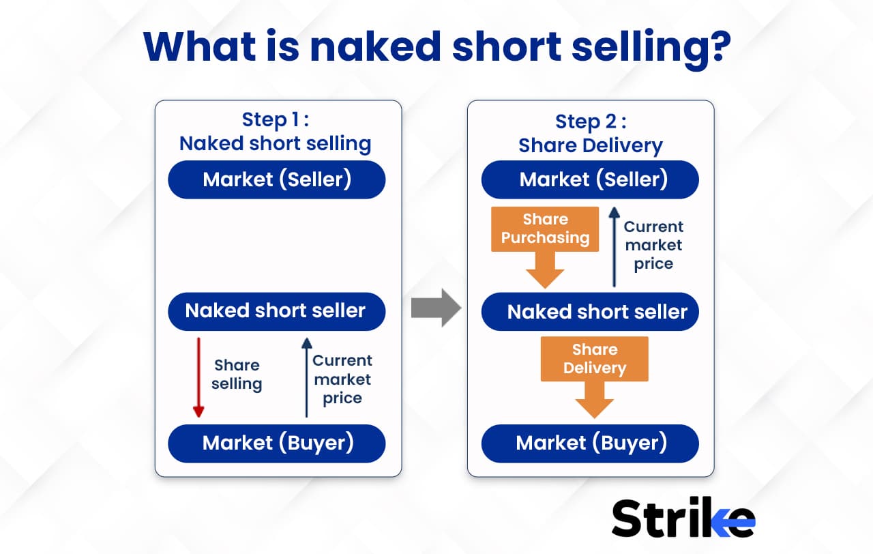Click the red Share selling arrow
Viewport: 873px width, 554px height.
pos(198,377)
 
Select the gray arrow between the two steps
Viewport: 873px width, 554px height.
pos(436,308)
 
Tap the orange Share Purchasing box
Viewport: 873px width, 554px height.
pos(545,229)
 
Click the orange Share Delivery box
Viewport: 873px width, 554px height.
pos(594,359)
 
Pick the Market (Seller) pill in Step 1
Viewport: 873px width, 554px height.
pos(277,179)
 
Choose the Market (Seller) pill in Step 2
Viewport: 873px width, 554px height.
pos(590,179)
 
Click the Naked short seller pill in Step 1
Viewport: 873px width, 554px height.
pos(277,312)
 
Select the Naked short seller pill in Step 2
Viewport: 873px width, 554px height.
pos(590,312)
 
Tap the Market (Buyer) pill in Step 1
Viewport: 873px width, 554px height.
pos(277,443)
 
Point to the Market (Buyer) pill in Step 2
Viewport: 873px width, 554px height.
pos(590,443)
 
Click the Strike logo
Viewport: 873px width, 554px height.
pos(683,517)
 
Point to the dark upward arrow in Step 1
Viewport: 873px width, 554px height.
pos(307,377)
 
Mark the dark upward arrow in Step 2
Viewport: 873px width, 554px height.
pos(615,247)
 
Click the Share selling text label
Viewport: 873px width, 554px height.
pos(237,375)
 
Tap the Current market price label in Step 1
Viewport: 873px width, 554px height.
pos(342,379)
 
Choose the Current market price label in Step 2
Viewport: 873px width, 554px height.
pos(653,245)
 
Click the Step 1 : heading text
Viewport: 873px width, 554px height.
pos(275,119)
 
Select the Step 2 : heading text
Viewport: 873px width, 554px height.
pos(591,121)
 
